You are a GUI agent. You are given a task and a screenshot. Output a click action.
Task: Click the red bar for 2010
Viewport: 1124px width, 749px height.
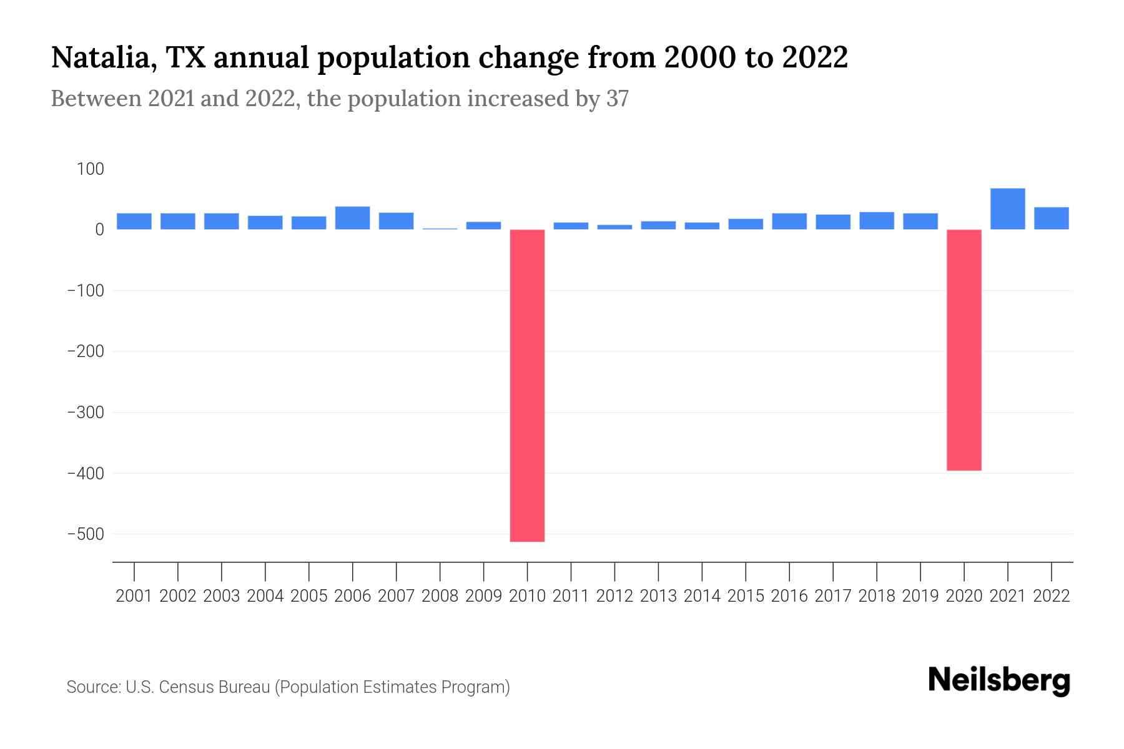click(527, 385)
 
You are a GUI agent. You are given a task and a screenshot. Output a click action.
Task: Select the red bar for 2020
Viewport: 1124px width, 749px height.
click(964, 350)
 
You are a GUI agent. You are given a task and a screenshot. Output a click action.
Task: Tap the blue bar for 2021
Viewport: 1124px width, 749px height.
click(1007, 208)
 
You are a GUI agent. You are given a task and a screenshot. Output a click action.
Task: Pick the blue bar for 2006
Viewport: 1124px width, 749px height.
click(352, 218)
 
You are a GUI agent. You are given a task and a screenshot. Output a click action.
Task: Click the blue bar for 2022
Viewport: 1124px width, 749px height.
click(1051, 218)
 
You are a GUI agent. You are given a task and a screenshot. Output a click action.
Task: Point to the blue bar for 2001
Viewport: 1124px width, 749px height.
click(134, 221)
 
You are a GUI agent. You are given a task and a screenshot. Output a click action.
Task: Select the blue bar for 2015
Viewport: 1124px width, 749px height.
click(745, 223)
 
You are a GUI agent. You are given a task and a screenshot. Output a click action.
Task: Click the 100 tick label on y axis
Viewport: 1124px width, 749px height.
click(91, 169)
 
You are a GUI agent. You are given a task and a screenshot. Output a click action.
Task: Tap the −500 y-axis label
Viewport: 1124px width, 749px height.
click(86, 534)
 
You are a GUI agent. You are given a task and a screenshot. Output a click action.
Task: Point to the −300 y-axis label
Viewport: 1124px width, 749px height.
click(86, 413)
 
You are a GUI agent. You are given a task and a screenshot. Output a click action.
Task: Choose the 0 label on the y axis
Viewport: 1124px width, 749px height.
click(99, 230)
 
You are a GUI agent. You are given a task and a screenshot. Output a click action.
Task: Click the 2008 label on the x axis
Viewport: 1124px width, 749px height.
click(440, 596)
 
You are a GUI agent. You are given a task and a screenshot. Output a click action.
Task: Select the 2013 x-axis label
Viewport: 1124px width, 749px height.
click(658, 596)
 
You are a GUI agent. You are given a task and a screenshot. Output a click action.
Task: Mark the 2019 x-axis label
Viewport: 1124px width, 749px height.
click(920, 596)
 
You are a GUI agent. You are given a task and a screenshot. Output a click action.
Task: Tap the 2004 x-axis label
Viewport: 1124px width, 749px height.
click(265, 596)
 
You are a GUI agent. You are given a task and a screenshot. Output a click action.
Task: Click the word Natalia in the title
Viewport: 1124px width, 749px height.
click(100, 58)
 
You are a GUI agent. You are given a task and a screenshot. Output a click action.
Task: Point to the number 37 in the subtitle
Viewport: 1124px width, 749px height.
click(617, 99)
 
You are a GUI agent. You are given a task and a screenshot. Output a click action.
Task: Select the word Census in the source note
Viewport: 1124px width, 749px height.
click(184, 687)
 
